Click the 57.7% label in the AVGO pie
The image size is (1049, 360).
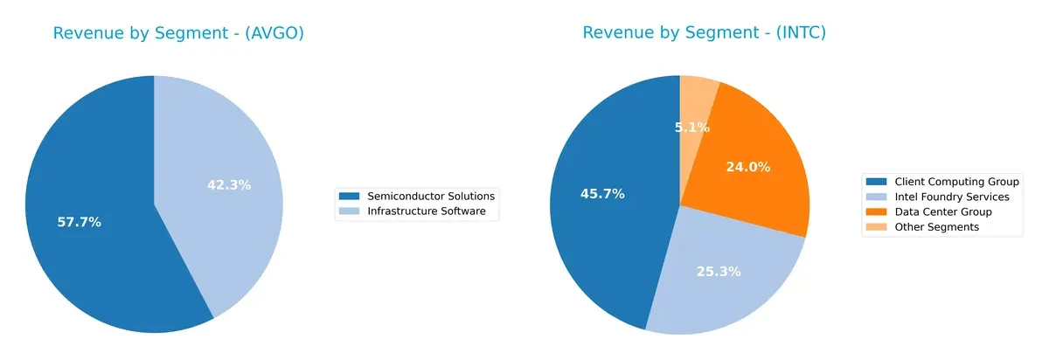pos(79,222)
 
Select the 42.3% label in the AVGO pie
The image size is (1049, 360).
pos(229,184)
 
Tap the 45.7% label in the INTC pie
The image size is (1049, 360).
pos(602,194)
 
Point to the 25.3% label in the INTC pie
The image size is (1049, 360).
pos(719,271)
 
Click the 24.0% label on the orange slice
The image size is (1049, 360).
pos(748,167)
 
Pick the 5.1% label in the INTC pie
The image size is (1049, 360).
pos(692,127)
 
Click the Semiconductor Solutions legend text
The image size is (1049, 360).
pos(431,196)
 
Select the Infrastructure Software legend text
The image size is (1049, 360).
pos(426,211)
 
